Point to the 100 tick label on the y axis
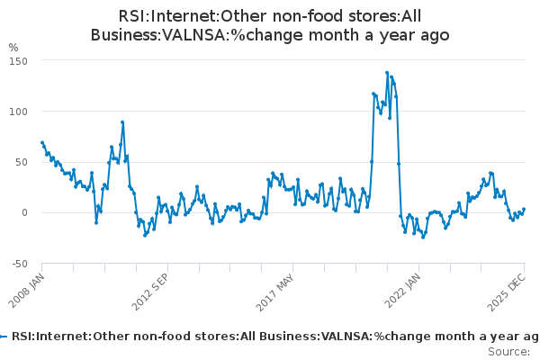(x=20, y=111)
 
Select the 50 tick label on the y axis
(x=22, y=162)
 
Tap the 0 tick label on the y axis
(x=26, y=212)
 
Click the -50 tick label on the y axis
(x=20, y=264)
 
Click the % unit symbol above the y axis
(x=13, y=47)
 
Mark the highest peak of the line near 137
(x=387, y=73)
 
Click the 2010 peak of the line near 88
(x=122, y=122)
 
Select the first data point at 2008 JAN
(x=42, y=142)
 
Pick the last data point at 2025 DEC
(x=524, y=209)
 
